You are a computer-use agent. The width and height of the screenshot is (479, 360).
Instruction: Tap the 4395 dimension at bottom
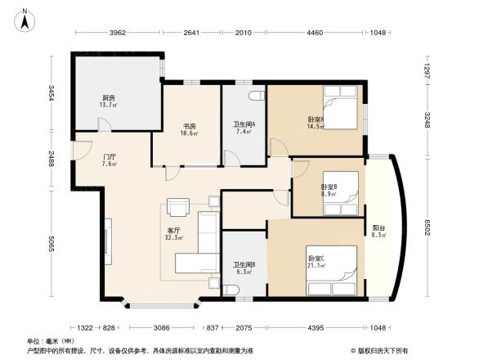316,328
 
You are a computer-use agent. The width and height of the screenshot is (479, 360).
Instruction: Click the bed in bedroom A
340,113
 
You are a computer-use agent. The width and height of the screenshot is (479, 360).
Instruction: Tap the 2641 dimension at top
192,34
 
